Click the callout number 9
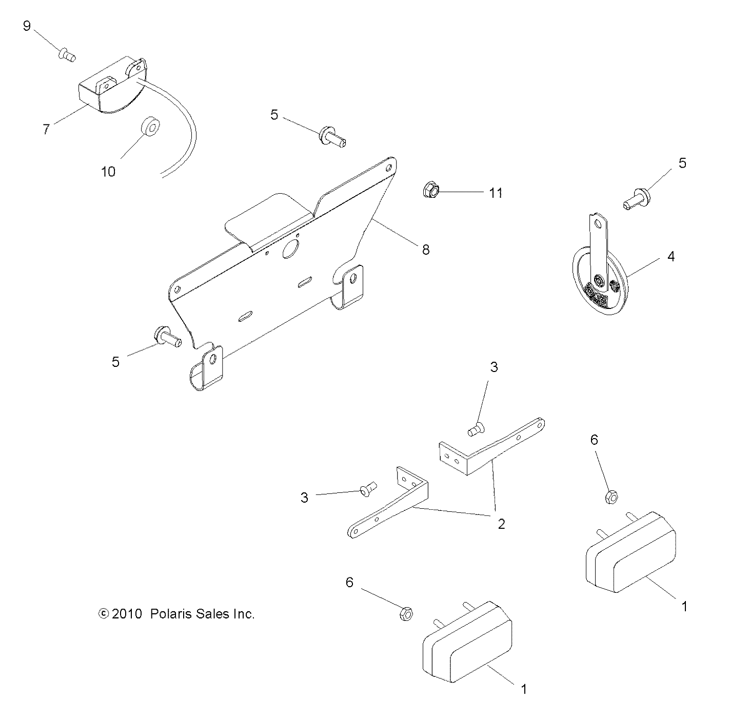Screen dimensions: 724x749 27,26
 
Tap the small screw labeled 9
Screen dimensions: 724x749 67,54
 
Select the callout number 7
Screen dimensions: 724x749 46,129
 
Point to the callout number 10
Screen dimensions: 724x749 108,171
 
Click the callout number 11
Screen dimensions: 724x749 495,193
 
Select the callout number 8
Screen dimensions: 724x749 425,250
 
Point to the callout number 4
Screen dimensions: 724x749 671,256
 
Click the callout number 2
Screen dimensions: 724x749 501,524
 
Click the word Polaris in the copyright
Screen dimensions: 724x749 172,614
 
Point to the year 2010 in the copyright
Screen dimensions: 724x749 126,614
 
